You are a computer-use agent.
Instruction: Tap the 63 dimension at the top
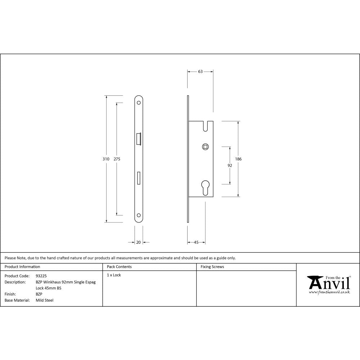tap(200, 71)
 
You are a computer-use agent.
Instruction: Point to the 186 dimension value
tap(238, 159)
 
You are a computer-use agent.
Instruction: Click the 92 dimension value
tap(230, 166)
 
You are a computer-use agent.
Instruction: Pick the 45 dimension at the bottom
tap(196, 242)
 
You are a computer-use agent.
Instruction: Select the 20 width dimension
tap(139, 242)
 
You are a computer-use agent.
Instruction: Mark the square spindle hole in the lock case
tap(205, 147)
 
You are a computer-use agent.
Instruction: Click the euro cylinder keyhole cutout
tap(205, 187)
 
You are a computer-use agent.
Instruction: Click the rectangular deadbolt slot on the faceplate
tap(139, 179)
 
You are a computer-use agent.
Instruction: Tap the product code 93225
tap(41, 276)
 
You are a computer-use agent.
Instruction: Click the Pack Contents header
tap(119, 267)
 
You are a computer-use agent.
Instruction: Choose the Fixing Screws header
tap(212, 267)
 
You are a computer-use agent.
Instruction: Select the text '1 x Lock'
tap(114, 275)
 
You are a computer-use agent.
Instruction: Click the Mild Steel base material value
tap(45, 300)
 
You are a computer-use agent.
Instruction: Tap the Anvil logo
tap(329, 284)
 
